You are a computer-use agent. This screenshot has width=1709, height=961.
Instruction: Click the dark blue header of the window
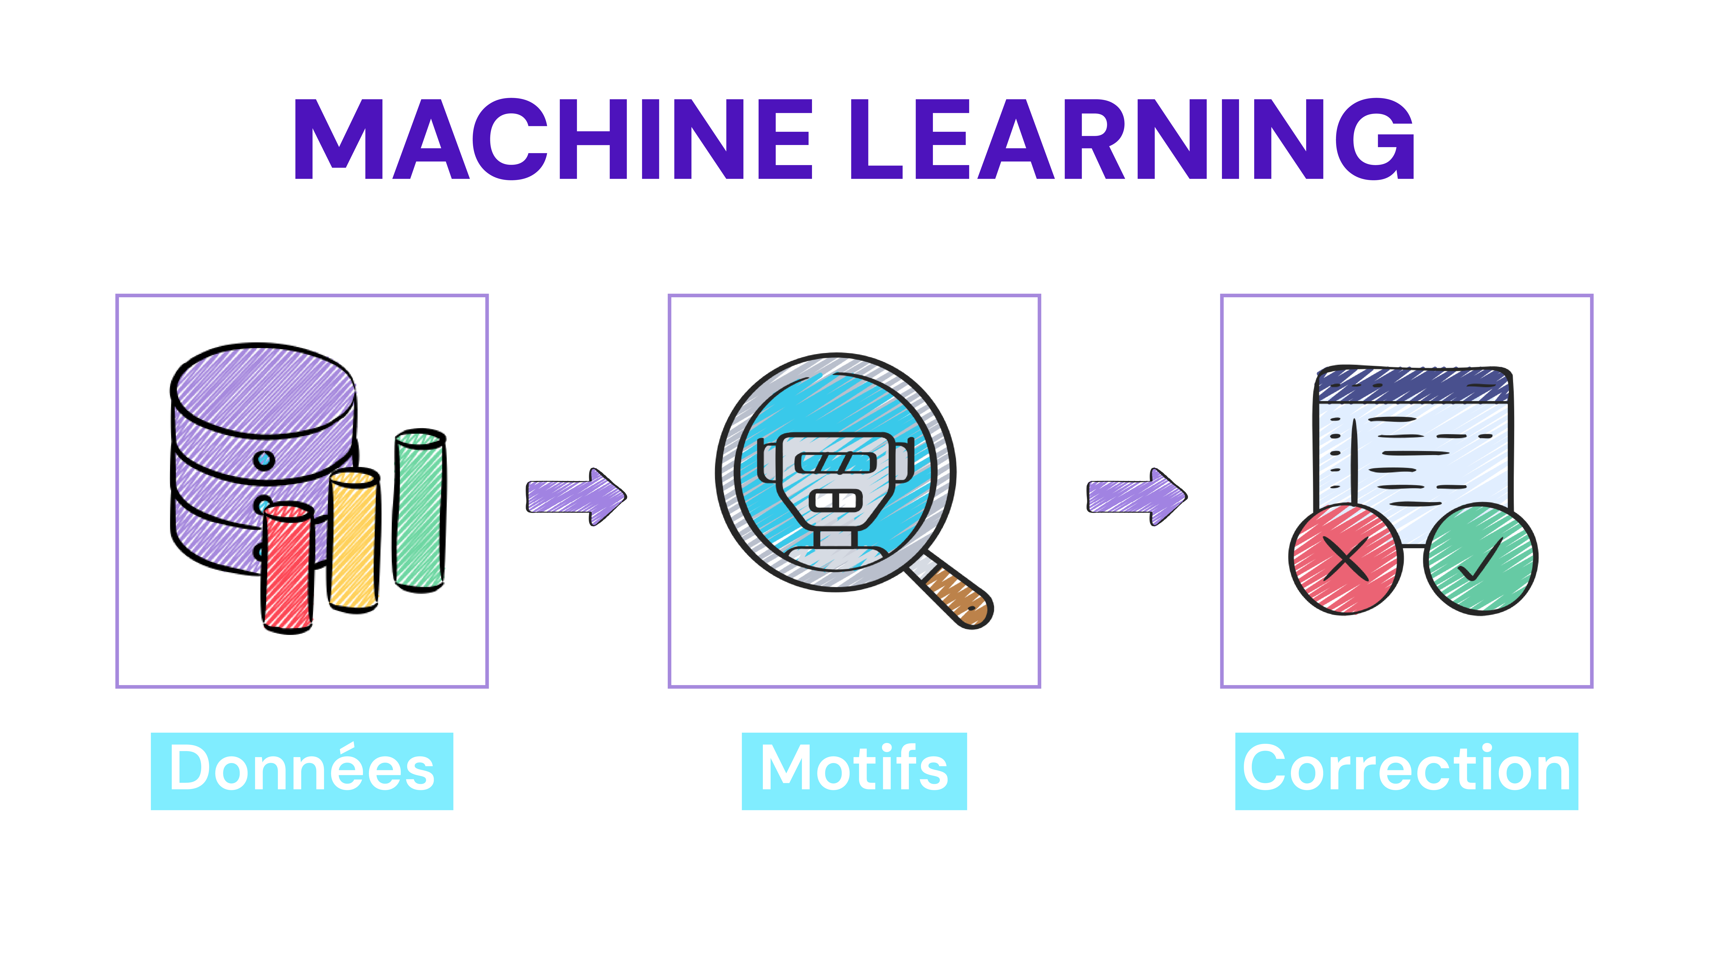(1413, 385)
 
